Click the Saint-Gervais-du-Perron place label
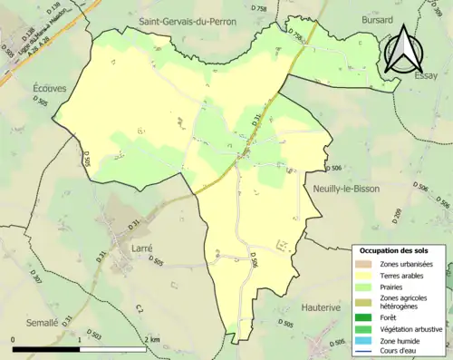[193, 19]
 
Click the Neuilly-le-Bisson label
[345, 189]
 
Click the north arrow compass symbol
[401, 49]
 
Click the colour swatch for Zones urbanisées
[367, 264]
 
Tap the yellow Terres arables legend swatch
[367, 276]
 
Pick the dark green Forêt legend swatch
[367, 316]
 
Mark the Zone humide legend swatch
[367, 340]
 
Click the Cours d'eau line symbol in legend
[367, 352]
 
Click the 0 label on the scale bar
[14, 339]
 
